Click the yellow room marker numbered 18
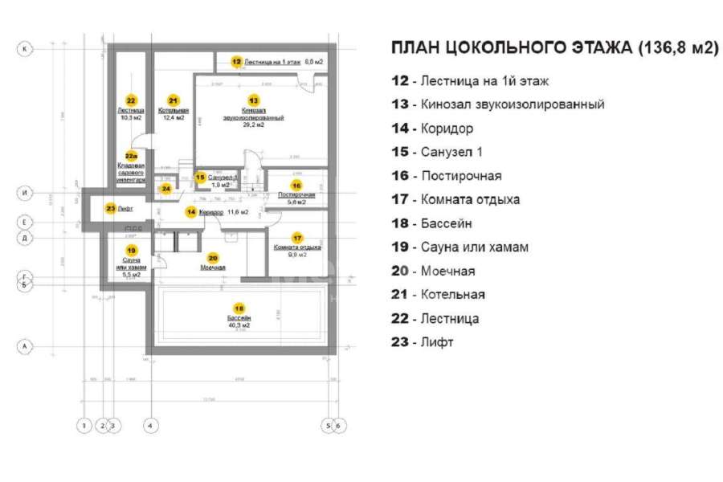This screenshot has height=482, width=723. click(238, 308)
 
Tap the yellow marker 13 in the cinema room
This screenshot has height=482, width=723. click(254, 100)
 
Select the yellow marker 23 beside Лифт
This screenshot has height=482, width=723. click(110, 208)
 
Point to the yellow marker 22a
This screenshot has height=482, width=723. click(131, 157)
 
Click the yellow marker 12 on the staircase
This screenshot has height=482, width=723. click(236, 61)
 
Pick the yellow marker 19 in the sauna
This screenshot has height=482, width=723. click(131, 251)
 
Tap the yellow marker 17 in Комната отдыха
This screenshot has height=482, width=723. click(297, 238)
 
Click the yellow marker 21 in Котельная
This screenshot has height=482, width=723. click(173, 100)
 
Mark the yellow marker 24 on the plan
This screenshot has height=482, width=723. click(165, 190)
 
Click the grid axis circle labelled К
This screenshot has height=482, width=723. click(26, 49)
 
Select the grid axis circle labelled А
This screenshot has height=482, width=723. click(26, 346)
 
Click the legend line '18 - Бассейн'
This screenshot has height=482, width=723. click(431, 223)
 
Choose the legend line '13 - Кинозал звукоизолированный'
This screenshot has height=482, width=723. click(497, 104)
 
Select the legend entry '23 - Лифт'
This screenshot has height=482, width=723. click(422, 342)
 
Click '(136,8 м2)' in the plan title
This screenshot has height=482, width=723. click(677, 47)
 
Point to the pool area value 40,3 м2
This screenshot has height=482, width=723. click(239, 325)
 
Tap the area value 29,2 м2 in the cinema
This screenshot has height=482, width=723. click(254, 125)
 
